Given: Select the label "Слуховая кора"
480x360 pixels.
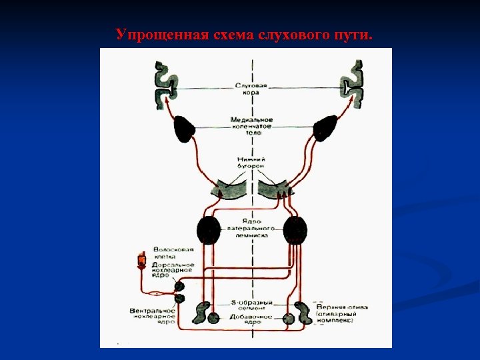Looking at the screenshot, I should point(251,89).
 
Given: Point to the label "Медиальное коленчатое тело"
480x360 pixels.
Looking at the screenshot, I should point(251,126).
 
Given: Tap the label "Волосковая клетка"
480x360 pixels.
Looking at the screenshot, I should point(173,253).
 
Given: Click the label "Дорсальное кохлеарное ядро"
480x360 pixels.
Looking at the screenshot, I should point(173,270).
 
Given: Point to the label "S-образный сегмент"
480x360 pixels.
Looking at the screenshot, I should point(251,304).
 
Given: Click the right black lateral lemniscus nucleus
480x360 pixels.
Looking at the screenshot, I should point(295,230).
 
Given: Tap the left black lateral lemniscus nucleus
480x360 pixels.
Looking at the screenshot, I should point(209,230).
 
